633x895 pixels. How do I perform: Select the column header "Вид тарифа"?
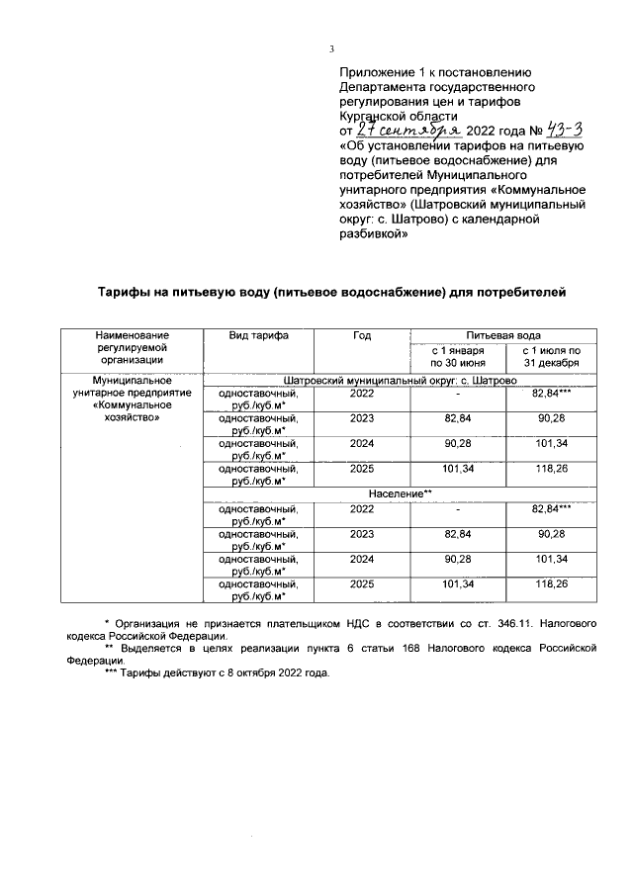point(258,336)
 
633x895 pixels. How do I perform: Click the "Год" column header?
point(361,336)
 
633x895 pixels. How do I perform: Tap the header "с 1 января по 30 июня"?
point(456,357)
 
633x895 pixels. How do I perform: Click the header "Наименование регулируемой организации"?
point(133,349)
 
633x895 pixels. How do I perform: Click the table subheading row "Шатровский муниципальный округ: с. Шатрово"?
point(400,380)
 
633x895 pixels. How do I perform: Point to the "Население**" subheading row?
point(400,492)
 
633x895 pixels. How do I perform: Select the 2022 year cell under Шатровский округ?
point(361,394)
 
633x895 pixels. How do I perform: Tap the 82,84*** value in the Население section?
point(551,508)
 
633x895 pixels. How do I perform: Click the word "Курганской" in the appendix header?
point(374,114)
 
